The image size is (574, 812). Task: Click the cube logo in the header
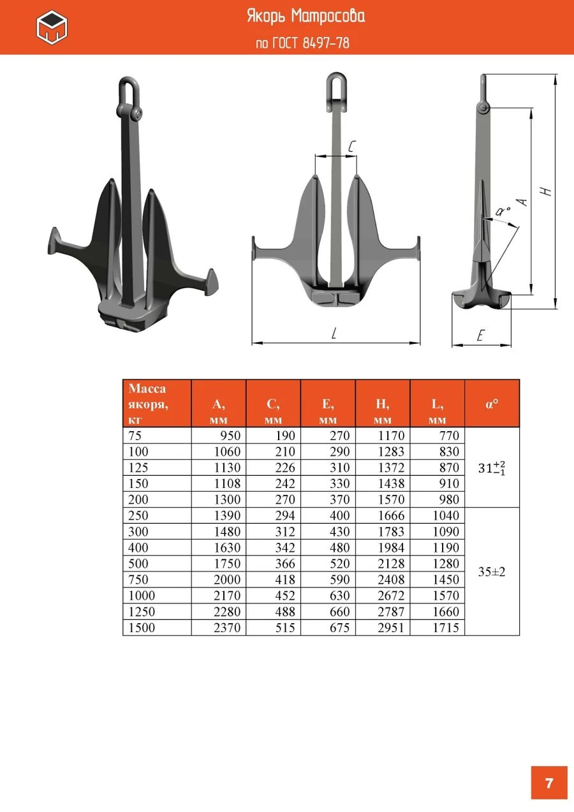(x=52, y=27)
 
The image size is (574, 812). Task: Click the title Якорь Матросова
(x=306, y=17)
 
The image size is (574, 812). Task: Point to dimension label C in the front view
(x=351, y=146)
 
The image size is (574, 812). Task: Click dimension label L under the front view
(x=334, y=333)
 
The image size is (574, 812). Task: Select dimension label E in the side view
(x=480, y=335)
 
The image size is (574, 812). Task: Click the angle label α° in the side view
(x=503, y=211)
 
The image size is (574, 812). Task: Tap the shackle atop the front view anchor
(x=336, y=91)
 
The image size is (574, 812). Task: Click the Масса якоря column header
(x=147, y=404)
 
